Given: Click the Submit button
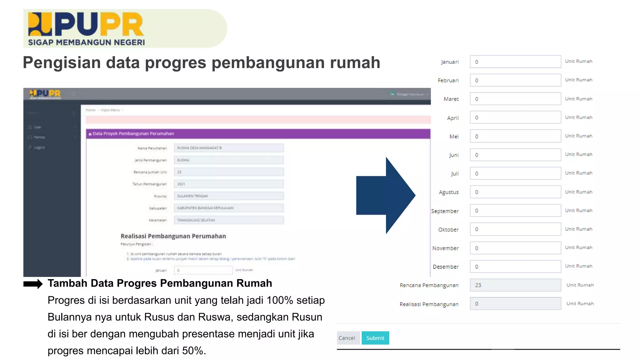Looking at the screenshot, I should click(x=375, y=338).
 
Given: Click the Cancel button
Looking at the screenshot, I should click(x=347, y=338).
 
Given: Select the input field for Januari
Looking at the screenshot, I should click(x=515, y=62).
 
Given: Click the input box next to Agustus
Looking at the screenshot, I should click(x=515, y=192).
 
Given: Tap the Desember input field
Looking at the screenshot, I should click(x=515, y=267).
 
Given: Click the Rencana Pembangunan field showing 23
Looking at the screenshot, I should click(x=515, y=285).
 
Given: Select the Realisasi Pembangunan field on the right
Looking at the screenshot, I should click(x=515, y=304).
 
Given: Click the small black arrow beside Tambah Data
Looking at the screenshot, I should click(x=33, y=284).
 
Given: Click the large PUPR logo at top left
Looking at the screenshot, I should click(x=86, y=28).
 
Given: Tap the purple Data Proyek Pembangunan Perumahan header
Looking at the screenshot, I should click(x=258, y=134).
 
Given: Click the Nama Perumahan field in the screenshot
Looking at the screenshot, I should click(x=228, y=148).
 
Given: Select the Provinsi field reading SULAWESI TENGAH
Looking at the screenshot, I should click(x=228, y=196).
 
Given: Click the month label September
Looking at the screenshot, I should click(x=445, y=211).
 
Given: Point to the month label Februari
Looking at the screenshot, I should click(x=448, y=80).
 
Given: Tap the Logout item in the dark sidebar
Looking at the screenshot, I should click(x=39, y=147).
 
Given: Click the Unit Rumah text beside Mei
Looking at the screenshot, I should click(x=578, y=136).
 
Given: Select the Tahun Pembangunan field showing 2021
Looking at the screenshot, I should click(x=228, y=184).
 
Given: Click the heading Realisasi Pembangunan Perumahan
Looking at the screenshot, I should click(x=173, y=236).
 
